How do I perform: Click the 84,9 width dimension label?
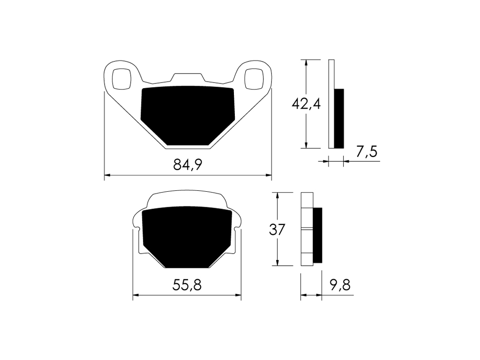tap(187, 165)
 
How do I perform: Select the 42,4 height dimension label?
tap(306, 104)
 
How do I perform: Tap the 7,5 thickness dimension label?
tap(367, 151)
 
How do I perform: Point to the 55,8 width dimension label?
tap(187, 285)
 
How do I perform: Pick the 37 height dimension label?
tap(277, 230)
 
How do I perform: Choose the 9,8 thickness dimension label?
tap(340, 285)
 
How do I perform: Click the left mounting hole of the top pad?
tap(122, 79)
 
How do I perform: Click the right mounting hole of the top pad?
tap(254, 79)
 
